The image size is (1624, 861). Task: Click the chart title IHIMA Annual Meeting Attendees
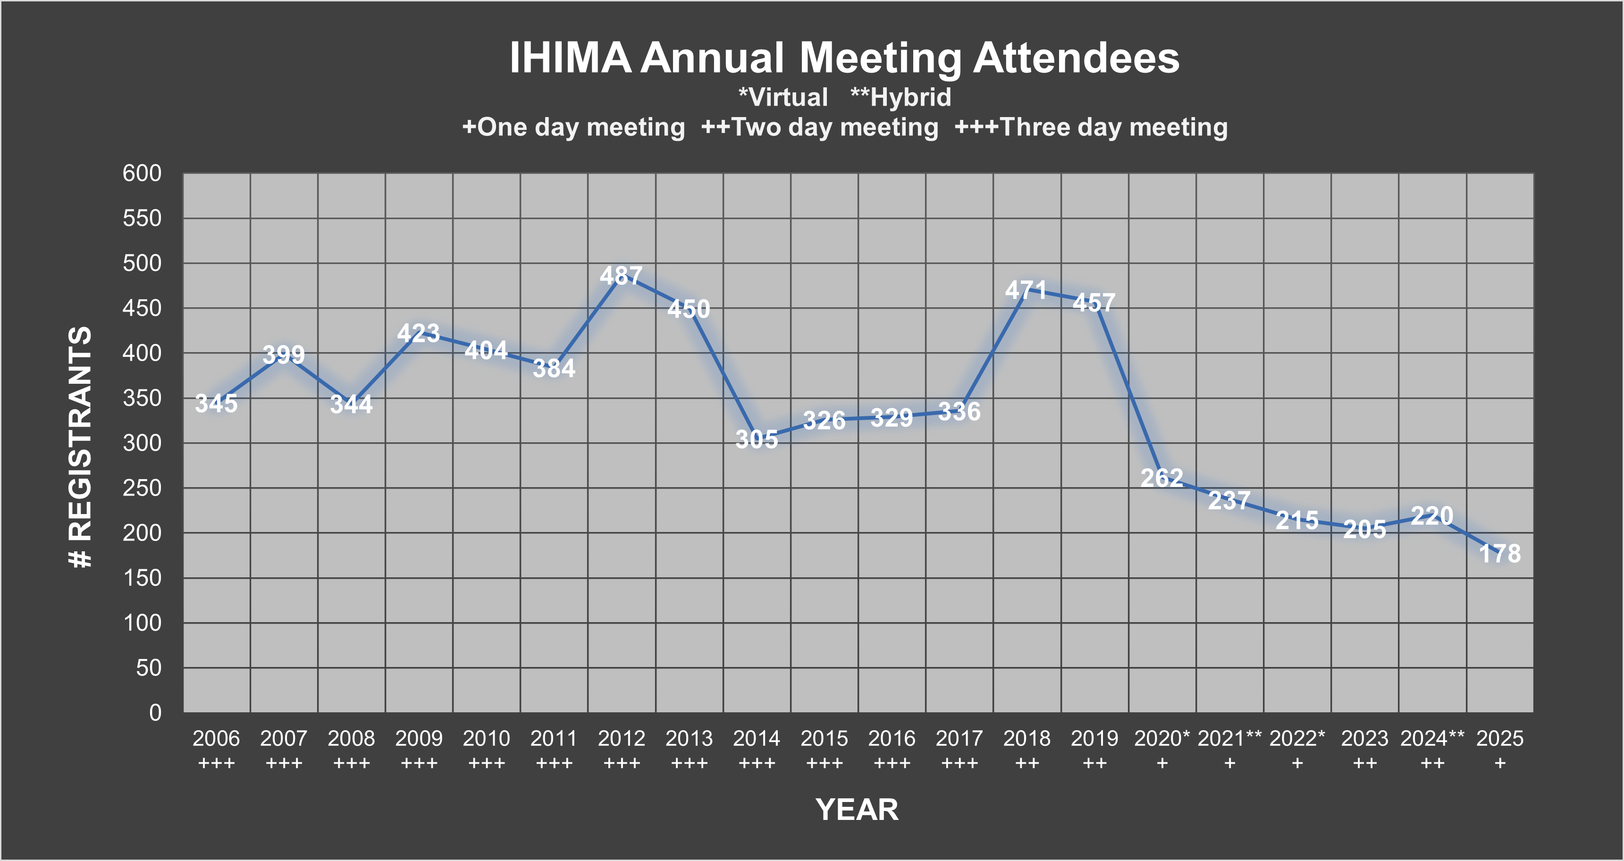pos(844,58)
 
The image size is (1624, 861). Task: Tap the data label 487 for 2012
pos(621,276)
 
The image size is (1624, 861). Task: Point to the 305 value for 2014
pos(757,439)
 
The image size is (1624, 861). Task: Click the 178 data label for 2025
pos(1500,554)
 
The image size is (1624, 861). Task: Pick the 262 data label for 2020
pos(1162,478)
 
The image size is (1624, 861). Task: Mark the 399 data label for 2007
pos(284,355)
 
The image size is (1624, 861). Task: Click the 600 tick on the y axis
pos(142,173)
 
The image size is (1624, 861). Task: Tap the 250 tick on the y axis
pos(142,488)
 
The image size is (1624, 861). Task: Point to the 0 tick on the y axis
pos(155,713)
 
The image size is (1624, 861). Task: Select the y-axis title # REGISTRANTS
pos(81,447)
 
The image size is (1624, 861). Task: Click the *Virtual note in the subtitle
pos(783,97)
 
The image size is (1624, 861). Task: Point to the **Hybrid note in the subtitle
pos(901,97)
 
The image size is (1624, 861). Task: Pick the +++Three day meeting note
pos(1091,127)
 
